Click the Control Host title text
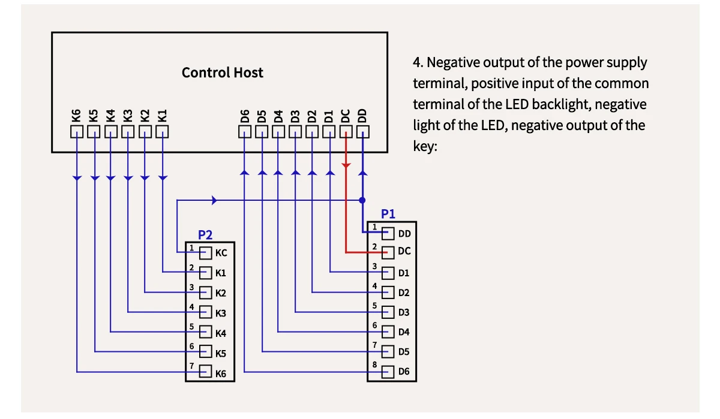click(222, 73)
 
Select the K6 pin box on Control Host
click(77, 131)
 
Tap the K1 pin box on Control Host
click(163, 131)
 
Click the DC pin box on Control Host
click(346, 131)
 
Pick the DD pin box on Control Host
click(363, 131)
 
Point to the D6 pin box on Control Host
click(245, 131)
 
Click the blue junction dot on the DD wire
click(362, 200)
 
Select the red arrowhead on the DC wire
click(346, 164)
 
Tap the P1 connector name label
click(388, 214)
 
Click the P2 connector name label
click(205, 235)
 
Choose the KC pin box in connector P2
click(206, 253)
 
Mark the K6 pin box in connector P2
click(206, 372)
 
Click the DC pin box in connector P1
click(388, 252)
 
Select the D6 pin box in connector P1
click(388, 372)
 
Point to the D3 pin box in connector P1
click(388, 312)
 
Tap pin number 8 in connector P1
click(374, 365)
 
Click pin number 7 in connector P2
click(191, 366)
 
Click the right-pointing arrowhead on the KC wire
click(215, 200)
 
